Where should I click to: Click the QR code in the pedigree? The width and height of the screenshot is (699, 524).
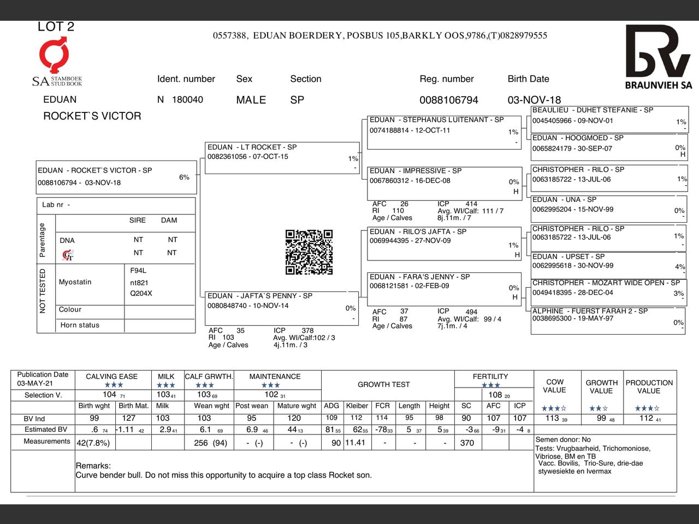click(x=309, y=252)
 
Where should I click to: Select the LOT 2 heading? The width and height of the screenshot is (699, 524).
click(x=56, y=27)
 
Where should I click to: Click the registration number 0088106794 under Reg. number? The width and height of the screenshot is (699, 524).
click(x=448, y=100)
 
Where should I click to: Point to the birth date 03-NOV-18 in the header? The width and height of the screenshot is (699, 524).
click(x=534, y=100)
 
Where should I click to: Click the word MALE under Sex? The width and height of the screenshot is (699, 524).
click(x=251, y=100)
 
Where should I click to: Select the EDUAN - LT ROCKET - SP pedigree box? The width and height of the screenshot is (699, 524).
click(x=282, y=158)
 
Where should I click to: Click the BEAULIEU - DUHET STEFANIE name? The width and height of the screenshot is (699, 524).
click(x=593, y=110)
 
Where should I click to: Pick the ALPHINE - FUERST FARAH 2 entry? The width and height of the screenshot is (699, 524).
click(x=590, y=311)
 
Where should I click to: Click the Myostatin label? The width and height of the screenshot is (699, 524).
click(x=75, y=282)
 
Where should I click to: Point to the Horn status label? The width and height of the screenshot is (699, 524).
click(x=80, y=325)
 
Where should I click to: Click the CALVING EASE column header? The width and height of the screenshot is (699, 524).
click(x=111, y=377)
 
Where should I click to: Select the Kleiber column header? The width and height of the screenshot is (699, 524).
click(x=357, y=406)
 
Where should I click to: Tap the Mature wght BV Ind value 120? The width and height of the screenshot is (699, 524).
click(x=294, y=419)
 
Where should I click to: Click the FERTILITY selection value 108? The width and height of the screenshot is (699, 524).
click(x=495, y=395)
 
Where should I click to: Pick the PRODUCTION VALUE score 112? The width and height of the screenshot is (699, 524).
click(x=646, y=419)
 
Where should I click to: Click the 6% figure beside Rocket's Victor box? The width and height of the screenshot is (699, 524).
click(x=184, y=177)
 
